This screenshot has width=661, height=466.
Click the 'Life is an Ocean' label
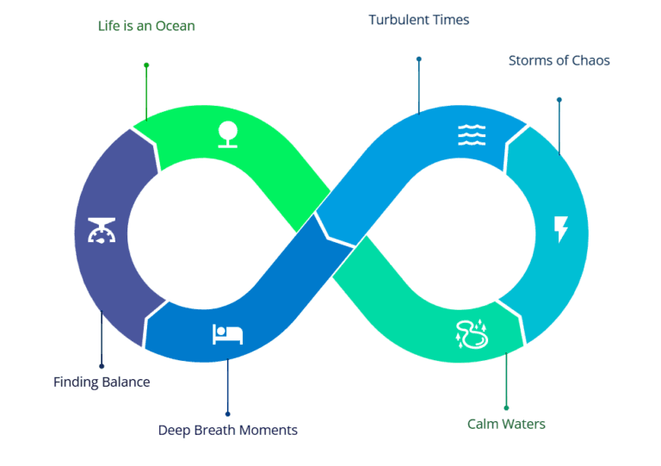coord(146,26)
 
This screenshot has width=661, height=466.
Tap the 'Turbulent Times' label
coord(419,20)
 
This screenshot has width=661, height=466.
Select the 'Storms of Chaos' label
coord(559,60)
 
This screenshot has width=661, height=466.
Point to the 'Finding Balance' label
coord(102,382)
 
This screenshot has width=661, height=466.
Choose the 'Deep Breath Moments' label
coord(228,430)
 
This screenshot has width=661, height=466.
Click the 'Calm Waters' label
coord(506,424)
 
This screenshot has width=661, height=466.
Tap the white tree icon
coord(227,134)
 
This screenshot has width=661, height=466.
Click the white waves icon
coord(472,134)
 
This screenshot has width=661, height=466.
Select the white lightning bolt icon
coord(561,229)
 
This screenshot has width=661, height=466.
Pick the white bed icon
coord(228,333)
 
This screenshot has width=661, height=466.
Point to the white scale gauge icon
coord(101,231)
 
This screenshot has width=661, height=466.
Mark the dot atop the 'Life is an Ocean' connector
coord(146,65)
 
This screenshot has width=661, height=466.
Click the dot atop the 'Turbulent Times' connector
coord(419,59)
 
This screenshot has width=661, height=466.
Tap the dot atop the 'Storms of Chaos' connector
coord(559,99)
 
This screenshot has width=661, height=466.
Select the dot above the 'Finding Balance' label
coord(102,366)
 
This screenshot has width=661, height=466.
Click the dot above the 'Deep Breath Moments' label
coord(228,413)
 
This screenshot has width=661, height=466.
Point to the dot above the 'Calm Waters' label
coord(506,407)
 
